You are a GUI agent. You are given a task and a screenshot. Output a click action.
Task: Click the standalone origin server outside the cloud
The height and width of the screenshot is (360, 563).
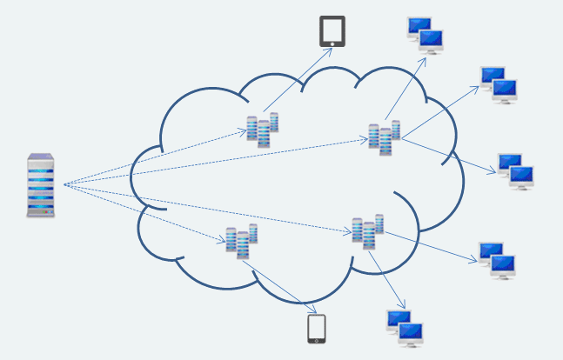(x=41, y=184)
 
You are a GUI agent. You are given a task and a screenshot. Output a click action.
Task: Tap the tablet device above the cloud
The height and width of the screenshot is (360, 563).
(x=332, y=31)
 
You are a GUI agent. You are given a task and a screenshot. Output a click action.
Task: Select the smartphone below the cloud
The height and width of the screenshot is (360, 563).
(x=317, y=329)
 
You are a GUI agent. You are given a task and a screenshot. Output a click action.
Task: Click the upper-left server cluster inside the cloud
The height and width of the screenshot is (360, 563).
(x=262, y=129)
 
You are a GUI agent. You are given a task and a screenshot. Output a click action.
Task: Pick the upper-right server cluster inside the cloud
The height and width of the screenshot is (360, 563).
(x=384, y=137)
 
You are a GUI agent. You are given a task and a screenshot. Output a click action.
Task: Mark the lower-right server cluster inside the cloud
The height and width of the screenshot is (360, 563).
(x=367, y=232)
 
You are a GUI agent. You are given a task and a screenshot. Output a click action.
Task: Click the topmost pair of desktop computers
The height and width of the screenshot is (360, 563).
(x=426, y=35)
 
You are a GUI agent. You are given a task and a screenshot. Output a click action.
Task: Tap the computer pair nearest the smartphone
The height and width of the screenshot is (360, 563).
(x=405, y=329)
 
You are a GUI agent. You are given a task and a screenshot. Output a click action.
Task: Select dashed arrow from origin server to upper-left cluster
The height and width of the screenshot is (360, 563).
(x=157, y=157)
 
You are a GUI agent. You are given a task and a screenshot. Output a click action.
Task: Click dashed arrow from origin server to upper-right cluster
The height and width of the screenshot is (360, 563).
(x=218, y=161)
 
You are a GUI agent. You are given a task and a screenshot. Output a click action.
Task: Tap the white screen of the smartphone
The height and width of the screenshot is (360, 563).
(x=317, y=328)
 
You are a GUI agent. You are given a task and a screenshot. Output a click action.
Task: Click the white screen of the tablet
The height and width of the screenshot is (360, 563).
(x=332, y=30)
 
